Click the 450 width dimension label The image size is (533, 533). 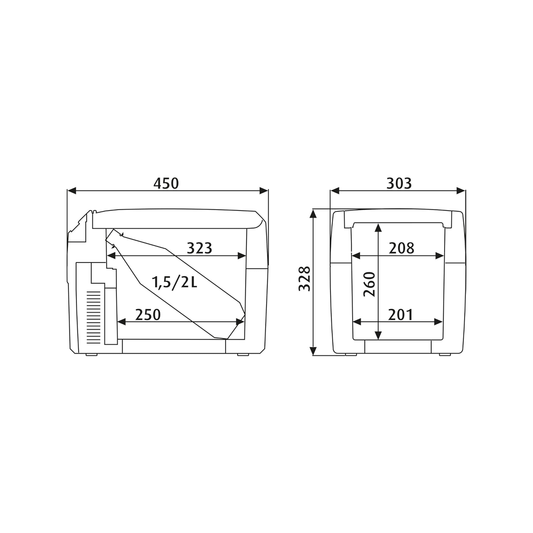click(x=166, y=183)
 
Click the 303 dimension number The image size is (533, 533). click(x=399, y=183)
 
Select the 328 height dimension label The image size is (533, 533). click(x=304, y=279)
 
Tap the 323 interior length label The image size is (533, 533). click(x=199, y=248)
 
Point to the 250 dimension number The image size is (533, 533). click(x=148, y=315)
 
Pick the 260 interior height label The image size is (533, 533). click(x=369, y=285)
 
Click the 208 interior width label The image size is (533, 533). click(x=402, y=248)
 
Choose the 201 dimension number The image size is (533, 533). click(x=400, y=315)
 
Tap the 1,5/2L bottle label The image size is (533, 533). click(x=174, y=282)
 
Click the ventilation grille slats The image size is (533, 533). click(x=94, y=317)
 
